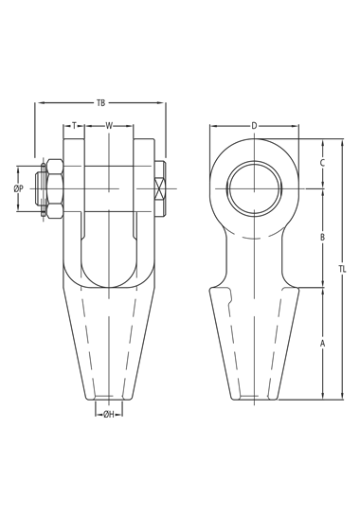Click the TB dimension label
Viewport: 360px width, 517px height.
(x=100, y=103)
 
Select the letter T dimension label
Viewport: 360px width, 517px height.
(x=74, y=125)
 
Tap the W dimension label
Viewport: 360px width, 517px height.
(x=109, y=125)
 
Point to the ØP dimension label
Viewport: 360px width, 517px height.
(x=19, y=188)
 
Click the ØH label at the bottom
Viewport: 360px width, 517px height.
(x=109, y=415)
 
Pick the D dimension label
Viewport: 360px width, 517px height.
(x=254, y=126)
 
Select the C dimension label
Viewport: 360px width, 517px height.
(x=323, y=163)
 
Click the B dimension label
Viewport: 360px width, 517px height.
(x=323, y=237)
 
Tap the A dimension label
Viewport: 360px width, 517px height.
(x=323, y=344)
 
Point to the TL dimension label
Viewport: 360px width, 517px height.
(x=342, y=269)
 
